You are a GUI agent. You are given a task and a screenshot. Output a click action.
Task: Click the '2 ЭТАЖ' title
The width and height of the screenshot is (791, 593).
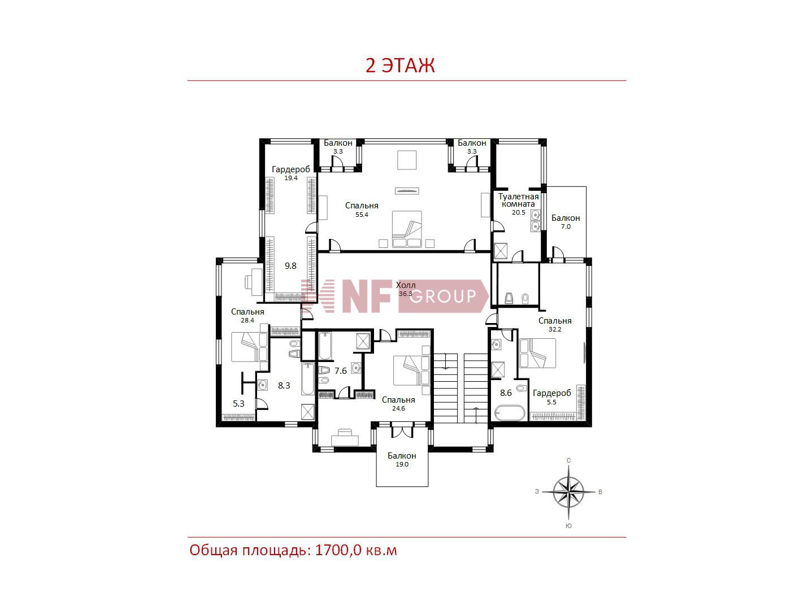[x=399, y=66]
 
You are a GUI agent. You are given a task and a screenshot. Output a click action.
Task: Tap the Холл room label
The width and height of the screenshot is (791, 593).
[x=406, y=285]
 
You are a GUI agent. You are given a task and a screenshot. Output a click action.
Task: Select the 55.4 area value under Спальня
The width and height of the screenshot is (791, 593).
[x=362, y=215]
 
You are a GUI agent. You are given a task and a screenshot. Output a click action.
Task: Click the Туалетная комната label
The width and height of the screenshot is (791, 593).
[x=518, y=200]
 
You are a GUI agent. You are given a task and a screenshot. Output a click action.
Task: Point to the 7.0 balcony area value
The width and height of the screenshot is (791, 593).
[x=566, y=227]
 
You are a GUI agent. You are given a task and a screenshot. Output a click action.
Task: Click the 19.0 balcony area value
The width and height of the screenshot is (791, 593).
[x=402, y=464]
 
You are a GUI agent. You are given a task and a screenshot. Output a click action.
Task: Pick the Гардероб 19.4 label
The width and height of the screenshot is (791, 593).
[x=291, y=173]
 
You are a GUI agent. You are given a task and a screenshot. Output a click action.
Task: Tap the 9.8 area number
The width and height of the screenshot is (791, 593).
[x=290, y=266]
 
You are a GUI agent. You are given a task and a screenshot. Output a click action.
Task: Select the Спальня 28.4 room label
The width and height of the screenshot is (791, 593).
[x=247, y=315]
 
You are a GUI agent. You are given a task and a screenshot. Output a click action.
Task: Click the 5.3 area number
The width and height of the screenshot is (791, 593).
[x=238, y=404]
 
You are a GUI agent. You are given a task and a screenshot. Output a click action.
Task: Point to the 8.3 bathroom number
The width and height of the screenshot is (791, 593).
[x=284, y=386]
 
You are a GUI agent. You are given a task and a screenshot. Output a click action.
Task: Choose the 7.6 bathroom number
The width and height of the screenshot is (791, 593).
[x=341, y=371]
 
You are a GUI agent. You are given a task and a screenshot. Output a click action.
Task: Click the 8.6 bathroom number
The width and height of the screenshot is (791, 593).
[x=506, y=393]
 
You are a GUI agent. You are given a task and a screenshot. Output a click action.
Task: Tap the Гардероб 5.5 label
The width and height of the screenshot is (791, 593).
[x=551, y=397]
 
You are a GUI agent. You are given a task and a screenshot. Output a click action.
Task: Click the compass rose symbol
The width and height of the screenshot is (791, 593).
[x=568, y=492]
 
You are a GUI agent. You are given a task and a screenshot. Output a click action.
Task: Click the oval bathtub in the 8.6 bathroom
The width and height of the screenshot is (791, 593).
[x=510, y=413]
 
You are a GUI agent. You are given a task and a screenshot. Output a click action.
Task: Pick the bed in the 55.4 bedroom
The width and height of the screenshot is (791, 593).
[x=407, y=229]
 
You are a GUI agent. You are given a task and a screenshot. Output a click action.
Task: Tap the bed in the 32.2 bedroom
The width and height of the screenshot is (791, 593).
[x=537, y=353]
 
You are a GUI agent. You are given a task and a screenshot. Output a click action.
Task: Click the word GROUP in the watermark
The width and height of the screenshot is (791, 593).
[x=443, y=296]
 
